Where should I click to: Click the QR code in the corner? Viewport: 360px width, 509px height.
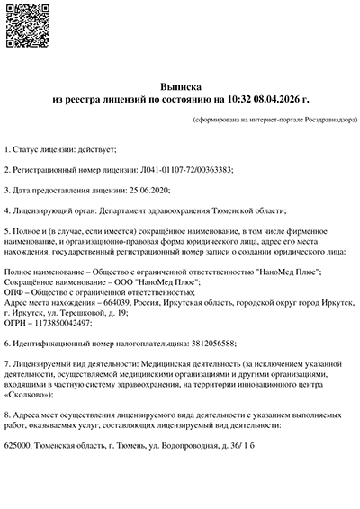coord(25,25)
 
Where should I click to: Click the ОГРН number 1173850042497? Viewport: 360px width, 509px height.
coord(63,324)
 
